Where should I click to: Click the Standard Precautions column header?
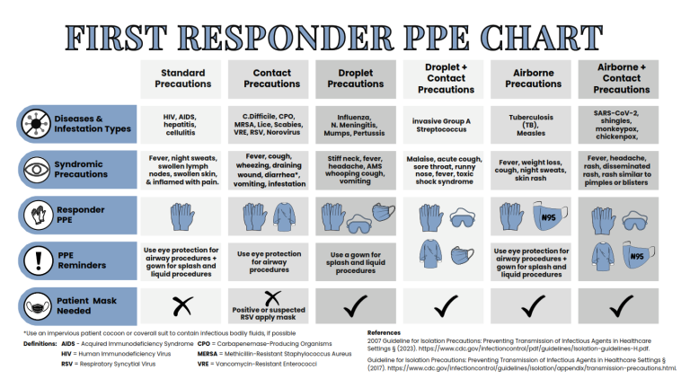(x=182, y=78)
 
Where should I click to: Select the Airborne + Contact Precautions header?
(x=622, y=78)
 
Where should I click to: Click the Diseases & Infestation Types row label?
(x=93, y=124)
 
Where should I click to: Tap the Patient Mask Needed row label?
(x=86, y=305)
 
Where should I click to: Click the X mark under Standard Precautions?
(x=182, y=306)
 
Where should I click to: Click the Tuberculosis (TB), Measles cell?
(x=533, y=124)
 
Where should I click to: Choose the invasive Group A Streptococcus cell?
(x=446, y=124)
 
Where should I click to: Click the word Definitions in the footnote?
(x=40, y=344)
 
